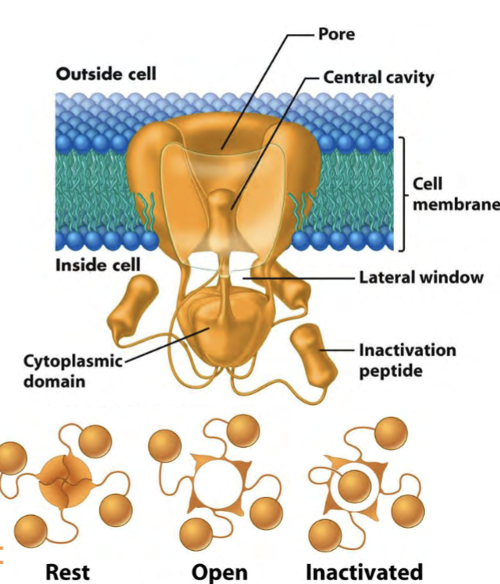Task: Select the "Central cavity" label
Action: (378, 78)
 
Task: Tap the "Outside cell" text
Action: (106, 74)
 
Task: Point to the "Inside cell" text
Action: (97, 264)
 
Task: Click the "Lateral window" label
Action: (420, 278)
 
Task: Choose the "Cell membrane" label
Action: (455, 194)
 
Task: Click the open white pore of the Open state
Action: (220, 482)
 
